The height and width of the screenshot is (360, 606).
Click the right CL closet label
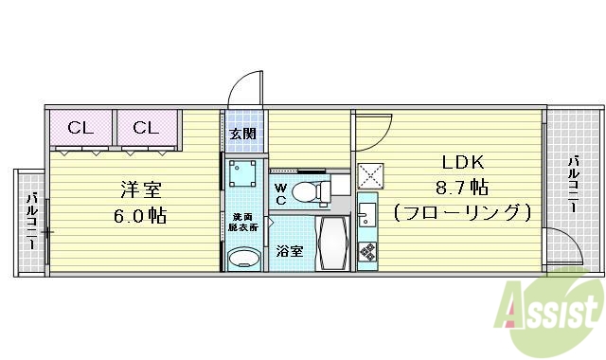pyautogui.click(x=146, y=128)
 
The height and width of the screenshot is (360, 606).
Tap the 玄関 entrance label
pyautogui.click(x=242, y=133)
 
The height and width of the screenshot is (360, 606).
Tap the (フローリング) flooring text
pyautogui.click(x=460, y=213)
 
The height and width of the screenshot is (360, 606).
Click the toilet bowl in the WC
pyautogui.click(x=306, y=192)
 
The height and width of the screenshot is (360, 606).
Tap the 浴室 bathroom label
pyautogui.click(x=289, y=251)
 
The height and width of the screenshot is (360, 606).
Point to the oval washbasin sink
pyautogui.click(x=245, y=258)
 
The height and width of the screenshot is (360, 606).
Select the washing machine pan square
pyautogui.click(x=245, y=174)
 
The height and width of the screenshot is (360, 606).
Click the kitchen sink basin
pyautogui.click(x=366, y=211)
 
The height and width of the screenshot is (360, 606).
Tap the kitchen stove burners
pyautogui.click(x=366, y=252)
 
